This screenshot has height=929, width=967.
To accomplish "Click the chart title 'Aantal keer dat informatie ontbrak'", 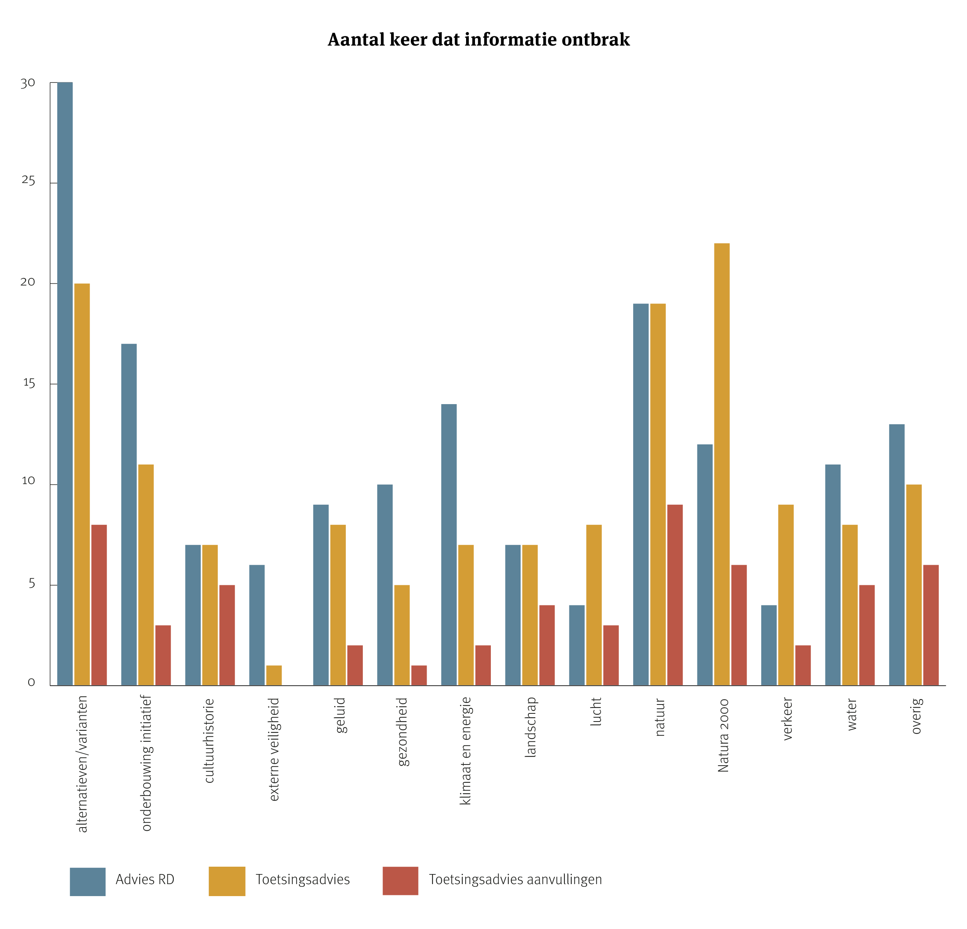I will (x=478, y=39).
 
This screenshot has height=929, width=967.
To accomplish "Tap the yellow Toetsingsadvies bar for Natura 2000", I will (x=722, y=464).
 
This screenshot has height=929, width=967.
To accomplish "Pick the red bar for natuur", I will (x=675, y=595).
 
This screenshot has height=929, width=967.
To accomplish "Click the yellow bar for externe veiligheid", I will (x=274, y=675).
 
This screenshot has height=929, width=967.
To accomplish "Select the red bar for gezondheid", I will (x=419, y=675).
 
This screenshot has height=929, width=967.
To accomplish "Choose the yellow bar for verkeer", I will (x=786, y=595).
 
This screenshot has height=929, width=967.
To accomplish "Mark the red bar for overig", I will (x=931, y=625).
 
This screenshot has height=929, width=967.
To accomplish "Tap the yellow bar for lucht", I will (x=594, y=605).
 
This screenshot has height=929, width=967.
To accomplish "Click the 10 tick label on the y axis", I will (x=29, y=481).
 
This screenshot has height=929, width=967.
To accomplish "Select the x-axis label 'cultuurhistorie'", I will (x=209, y=740).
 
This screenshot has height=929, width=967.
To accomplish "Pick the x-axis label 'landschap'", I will (x=530, y=727).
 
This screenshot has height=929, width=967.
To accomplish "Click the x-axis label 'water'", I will (x=852, y=714).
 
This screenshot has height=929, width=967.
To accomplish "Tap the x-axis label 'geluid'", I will (x=340, y=715).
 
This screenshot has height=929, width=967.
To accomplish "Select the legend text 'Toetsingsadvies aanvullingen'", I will (x=515, y=879).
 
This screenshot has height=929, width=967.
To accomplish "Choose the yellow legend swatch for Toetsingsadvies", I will (x=227, y=881).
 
